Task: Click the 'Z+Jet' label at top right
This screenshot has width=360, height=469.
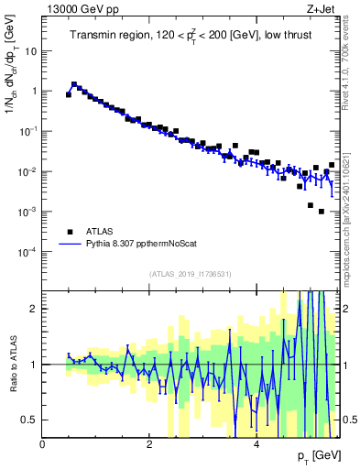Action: pos(322,8)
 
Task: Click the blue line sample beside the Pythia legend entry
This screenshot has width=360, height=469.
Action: pos(69,245)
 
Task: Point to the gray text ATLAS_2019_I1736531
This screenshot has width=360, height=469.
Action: pos(191,274)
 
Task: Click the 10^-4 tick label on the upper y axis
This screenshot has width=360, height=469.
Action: pos(27,251)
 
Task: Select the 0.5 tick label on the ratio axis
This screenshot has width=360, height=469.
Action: pos(28,420)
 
